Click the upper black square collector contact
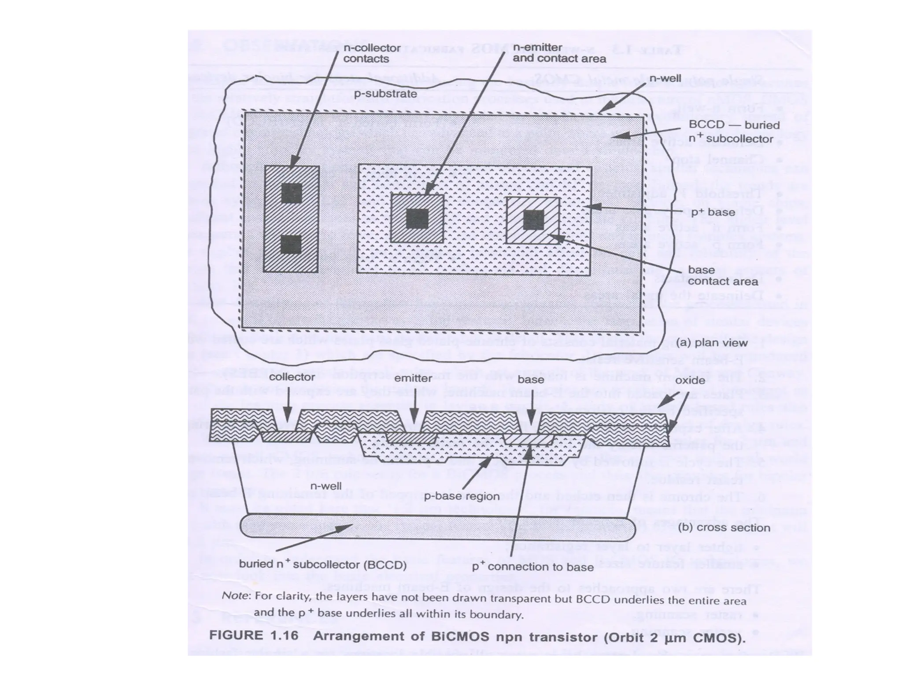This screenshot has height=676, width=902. (292, 193)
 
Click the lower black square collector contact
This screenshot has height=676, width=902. (291, 244)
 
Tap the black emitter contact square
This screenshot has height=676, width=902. (417, 219)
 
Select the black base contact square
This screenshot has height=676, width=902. (533, 220)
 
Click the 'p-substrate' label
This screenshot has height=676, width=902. (385, 94)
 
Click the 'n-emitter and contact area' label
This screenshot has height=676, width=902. (559, 53)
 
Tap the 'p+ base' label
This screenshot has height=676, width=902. (713, 212)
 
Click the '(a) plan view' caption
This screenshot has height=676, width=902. (712, 343)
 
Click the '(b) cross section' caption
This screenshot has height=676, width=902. (724, 527)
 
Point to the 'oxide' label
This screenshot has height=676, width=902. (690, 380)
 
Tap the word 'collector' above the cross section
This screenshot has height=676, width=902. (292, 377)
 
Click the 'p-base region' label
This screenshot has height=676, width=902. (461, 496)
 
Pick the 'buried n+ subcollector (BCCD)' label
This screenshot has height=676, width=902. (322, 564)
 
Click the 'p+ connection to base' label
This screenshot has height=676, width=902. (532, 567)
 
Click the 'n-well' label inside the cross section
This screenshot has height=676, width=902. (326, 486)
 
